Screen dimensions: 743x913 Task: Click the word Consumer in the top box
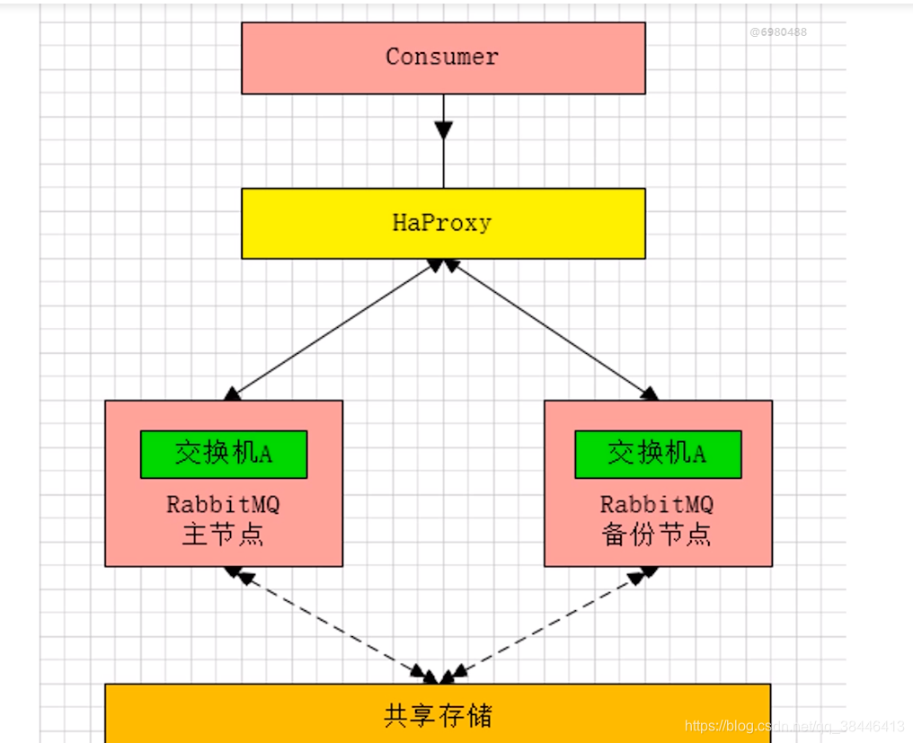click(442, 57)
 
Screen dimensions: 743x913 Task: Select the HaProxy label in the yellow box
click(442, 223)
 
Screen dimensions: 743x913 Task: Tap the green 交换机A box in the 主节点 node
click(224, 454)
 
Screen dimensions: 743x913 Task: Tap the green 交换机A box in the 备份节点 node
click(658, 454)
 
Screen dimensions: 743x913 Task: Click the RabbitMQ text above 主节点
click(223, 504)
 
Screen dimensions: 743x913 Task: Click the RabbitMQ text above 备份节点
click(657, 503)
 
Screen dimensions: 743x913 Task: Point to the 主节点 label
click(223, 535)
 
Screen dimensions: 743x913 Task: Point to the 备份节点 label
click(657, 535)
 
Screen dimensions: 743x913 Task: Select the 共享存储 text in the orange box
click(438, 715)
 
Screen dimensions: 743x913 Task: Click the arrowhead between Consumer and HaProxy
click(443, 129)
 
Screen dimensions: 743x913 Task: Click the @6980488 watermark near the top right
click(778, 32)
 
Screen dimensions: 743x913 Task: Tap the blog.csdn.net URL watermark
click(794, 726)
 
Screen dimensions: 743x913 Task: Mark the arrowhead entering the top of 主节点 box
click(234, 394)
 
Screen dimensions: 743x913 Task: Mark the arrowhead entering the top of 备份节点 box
click(649, 394)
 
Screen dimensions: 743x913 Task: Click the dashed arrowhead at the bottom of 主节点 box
click(234, 571)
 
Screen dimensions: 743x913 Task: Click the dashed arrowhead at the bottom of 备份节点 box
click(645, 573)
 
